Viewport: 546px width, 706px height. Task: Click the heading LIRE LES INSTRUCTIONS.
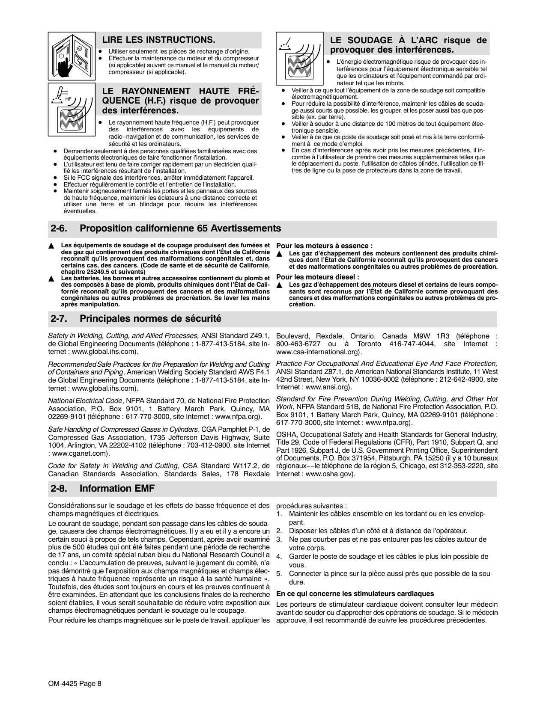pos(158,40)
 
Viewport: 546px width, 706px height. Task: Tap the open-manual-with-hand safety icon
pos(72,56)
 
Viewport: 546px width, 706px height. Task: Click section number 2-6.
pos(60,228)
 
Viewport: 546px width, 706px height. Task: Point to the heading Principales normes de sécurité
pos(150,319)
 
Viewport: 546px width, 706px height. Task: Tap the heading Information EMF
pos(117,489)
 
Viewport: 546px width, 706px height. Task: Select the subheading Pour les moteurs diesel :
pos(318,277)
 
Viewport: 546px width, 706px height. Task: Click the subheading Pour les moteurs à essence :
pos(324,246)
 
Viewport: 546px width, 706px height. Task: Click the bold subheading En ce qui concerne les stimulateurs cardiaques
pos(355,593)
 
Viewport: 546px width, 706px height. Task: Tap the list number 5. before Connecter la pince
pos(279,573)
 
